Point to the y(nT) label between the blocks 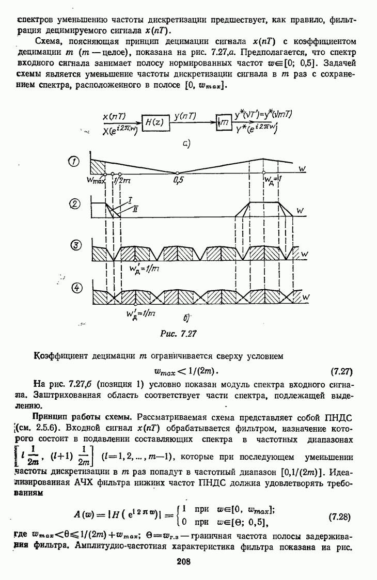click(185, 117)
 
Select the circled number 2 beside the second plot click(75, 205)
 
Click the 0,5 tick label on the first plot click(179, 181)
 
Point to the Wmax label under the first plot click(96, 180)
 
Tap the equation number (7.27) click(341, 371)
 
